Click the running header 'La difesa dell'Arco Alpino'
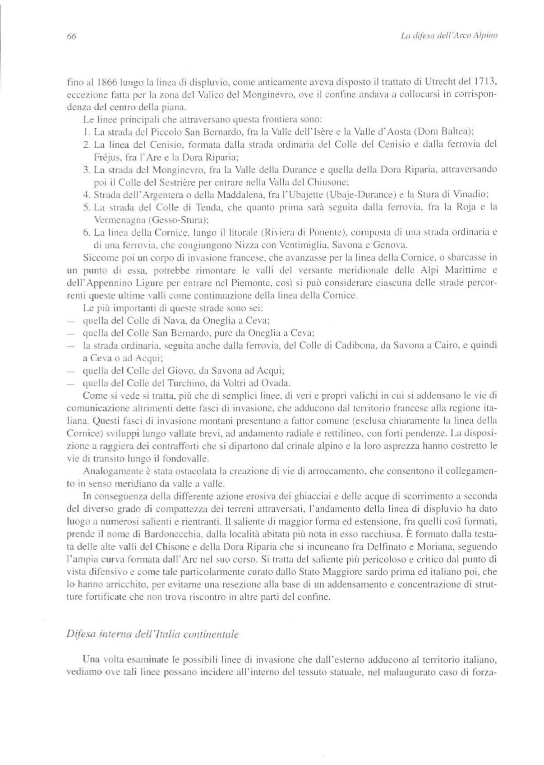coord(449,35)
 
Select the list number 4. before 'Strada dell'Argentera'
coord(87,195)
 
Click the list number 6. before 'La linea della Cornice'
coord(87,233)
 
